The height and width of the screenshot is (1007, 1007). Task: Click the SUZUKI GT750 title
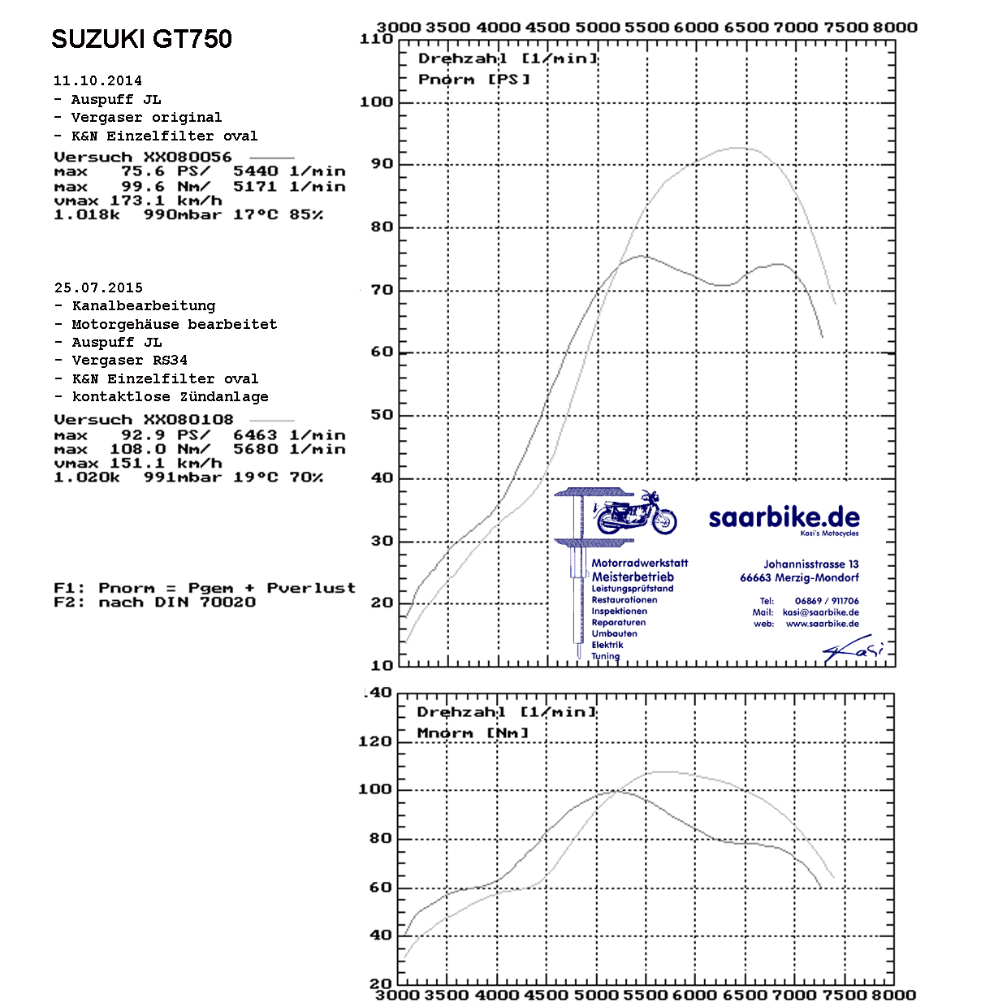(141, 39)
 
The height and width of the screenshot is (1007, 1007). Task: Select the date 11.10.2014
(97, 80)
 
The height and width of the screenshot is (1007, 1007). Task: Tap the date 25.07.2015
(98, 287)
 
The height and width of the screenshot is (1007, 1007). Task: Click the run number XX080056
(188, 157)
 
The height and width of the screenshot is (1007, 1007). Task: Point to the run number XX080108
(188, 420)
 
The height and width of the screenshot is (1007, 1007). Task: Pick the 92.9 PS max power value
(143, 435)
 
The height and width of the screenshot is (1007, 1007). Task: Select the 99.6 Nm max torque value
(143, 187)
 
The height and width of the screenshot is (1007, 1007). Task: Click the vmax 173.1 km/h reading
(137, 201)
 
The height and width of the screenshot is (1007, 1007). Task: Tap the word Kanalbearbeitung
(144, 306)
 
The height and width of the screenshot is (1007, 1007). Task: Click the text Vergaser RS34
(130, 360)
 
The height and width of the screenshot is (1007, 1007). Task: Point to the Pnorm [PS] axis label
(474, 80)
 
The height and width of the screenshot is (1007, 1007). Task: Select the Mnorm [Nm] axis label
(473, 733)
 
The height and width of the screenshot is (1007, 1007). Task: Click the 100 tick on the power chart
(377, 102)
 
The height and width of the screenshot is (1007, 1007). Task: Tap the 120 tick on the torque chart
(375, 741)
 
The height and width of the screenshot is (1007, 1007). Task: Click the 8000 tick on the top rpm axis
(895, 27)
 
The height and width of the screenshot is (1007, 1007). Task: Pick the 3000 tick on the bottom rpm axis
(398, 996)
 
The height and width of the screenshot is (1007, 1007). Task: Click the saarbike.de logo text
(784, 517)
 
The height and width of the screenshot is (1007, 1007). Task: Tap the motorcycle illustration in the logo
(635, 513)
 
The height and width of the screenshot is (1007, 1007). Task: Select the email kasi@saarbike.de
(820, 612)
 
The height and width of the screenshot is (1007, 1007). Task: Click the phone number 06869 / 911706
(827, 601)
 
